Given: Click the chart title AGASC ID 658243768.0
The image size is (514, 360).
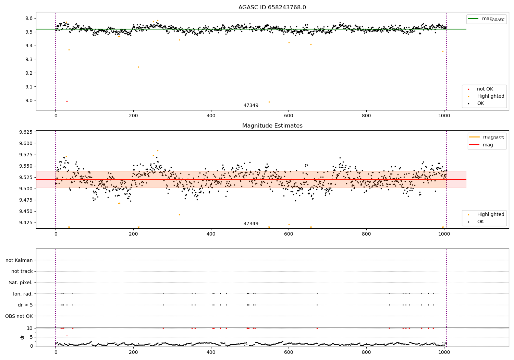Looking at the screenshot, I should [x=272, y=8].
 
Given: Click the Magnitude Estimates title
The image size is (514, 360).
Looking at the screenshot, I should [x=272, y=126].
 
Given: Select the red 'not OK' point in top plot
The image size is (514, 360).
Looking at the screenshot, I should [x=67, y=101].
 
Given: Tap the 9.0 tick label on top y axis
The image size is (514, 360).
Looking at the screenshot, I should [x=28, y=100].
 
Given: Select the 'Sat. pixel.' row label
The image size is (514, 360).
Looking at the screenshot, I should [x=21, y=283].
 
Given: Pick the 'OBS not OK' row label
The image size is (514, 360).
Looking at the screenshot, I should [x=19, y=316].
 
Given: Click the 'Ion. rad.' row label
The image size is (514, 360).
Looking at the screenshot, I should [x=23, y=294].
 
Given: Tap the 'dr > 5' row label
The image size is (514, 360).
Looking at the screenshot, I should [x=25, y=305].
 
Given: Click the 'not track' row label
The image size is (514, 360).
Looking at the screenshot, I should [x=22, y=271].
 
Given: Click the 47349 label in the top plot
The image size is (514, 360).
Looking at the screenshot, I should [x=251, y=105].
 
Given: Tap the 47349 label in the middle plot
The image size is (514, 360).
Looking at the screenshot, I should [x=251, y=224].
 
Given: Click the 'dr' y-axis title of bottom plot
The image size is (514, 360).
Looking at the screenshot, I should [x=22, y=337].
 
